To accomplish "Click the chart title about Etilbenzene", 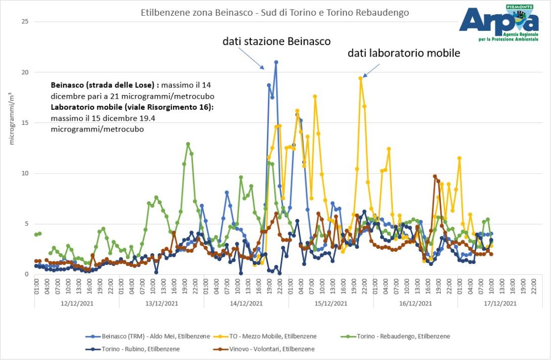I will tap(274, 12).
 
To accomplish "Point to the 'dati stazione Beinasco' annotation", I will tap(277, 41).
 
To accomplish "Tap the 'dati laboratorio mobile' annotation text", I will tap(404, 53).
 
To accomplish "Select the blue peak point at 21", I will tap(276, 62).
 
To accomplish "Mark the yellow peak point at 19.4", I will tap(360, 78).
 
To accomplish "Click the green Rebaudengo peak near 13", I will tap(188, 144).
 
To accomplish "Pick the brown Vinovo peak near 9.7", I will tap(435, 176).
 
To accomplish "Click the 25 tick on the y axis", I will tap(25, 22).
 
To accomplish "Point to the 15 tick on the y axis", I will tap(25, 123).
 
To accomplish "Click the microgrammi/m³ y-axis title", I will tap(11, 117).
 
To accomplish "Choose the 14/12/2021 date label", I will tap(246, 303).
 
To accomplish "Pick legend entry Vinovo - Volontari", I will tap(275, 349).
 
